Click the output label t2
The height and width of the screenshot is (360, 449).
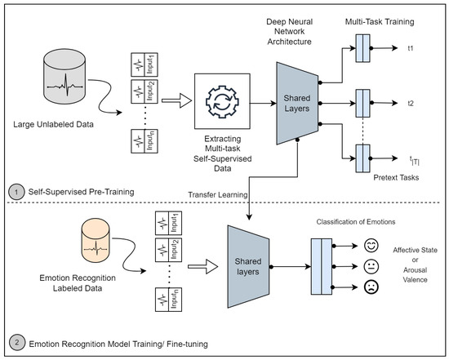click(413, 104)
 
